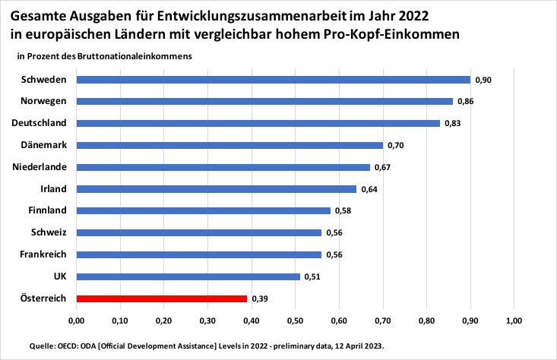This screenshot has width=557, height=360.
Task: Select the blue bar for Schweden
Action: point(273,79)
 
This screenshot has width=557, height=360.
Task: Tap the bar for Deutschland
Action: point(258,123)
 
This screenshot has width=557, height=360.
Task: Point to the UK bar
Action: point(188,276)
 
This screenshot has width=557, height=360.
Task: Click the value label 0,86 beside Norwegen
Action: point(466,101)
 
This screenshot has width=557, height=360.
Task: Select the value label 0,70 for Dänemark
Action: point(395,145)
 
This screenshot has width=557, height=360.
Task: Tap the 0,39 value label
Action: point(260,299)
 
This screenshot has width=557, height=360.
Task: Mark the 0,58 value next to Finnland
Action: point(343,211)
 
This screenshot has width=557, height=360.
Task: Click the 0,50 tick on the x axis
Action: point(295,321)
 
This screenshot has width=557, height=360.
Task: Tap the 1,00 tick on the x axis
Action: point(514,321)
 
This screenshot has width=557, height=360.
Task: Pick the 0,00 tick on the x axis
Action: point(75,321)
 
